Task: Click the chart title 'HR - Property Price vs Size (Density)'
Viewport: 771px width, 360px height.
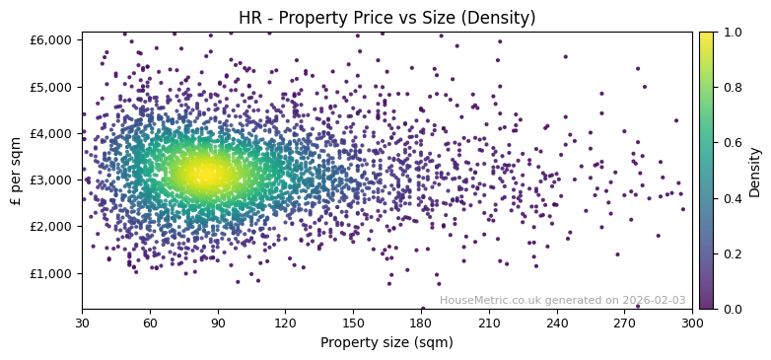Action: (386, 18)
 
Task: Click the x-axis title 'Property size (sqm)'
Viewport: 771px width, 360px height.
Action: (386, 343)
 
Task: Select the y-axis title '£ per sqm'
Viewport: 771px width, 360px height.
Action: (16, 171)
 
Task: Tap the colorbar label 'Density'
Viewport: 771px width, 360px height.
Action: (754, 171)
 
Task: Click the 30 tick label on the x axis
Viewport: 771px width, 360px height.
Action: (82, 323)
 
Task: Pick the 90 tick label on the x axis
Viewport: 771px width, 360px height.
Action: (218, 323)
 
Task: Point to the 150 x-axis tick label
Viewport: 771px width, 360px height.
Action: (353, 323)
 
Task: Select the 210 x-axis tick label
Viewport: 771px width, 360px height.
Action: (489, 323)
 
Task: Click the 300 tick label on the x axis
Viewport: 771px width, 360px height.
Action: (692, 323)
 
